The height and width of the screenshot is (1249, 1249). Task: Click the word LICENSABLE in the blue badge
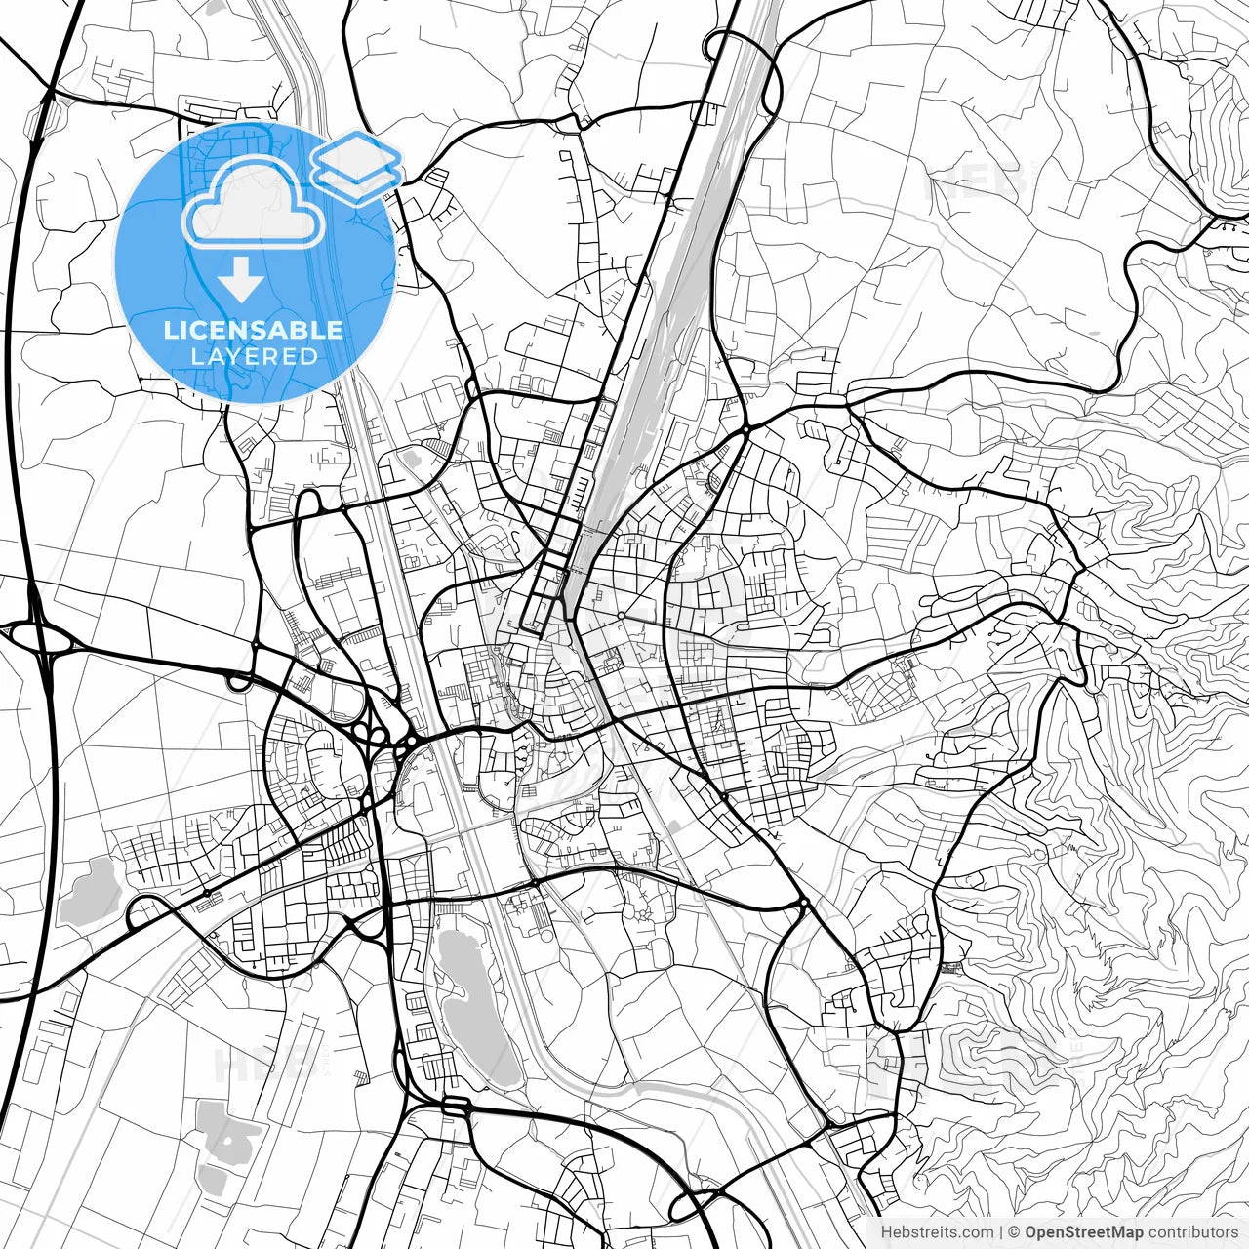[x=254, y=330]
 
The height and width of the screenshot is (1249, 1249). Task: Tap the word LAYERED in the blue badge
[x=254, y=356]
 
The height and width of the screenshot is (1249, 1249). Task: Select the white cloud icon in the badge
[x=254, y=203]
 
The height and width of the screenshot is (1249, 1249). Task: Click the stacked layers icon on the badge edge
[x=357, y=164]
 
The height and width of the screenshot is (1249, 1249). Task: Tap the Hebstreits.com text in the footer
[x=937, y=1232]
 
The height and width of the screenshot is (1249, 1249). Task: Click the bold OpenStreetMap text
[x=1084, y=1232]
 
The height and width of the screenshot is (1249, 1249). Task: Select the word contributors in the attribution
[x=1192, y=1232]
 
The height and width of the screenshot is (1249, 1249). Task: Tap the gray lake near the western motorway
[x=91, y=893]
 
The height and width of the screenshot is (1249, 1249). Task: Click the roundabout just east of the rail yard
[x=745, y=428]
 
